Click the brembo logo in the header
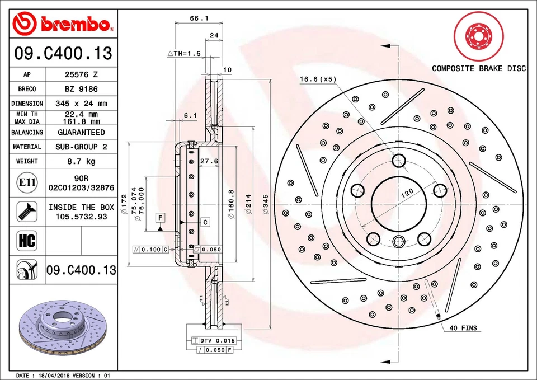pyautogui.click(x=63, y=25)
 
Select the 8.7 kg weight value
pyautogui.click(x=82, y=162)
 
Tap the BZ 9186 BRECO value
pyautogui.click(x=82, y=89)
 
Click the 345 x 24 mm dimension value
pyautogui.click(x=82, y=104)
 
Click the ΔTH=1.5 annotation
pyautogui.click(x=184, y=53)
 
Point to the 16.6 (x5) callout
pyautogui.click(x=317, y=79)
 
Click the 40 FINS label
pyautogui.click(x=463, y=328)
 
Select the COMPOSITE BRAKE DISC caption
pyautogui.click(x=478, y=68)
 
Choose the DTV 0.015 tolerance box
pyautogui.click(x=214, y=340)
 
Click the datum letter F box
pyautogui.click(x=160, y=217)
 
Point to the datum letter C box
pyautogui.click(x=205, y=222)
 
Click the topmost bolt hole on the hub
pyautogui.click(x=398, y=161)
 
